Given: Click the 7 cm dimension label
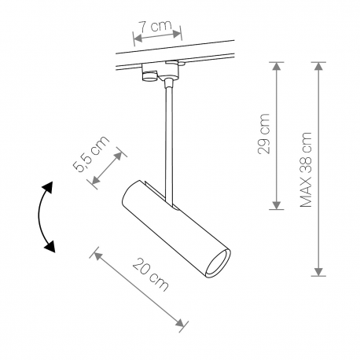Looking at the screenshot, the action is (x=155, y=25).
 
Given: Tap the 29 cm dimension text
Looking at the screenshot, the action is (x=263, y=134).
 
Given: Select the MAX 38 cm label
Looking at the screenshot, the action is (x=306, y=170).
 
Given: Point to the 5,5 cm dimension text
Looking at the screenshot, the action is (x=90, y=154).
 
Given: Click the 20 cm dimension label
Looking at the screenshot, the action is (x=151, y=275).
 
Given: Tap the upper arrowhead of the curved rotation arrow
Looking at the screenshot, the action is (x=49, y=187).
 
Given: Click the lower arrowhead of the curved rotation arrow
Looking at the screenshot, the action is (x=50, y=246).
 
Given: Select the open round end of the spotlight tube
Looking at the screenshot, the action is (x=218, y=263).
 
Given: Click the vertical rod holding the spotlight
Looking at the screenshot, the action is (x=169, y=144).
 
